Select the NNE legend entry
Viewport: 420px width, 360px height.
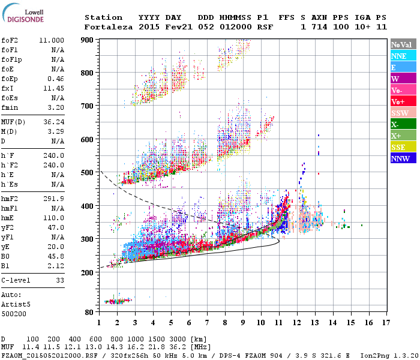point(399,56)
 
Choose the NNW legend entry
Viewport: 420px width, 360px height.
point(400,158)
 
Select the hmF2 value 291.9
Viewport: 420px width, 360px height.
point(55,199)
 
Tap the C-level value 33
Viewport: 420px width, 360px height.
point(59,280)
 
